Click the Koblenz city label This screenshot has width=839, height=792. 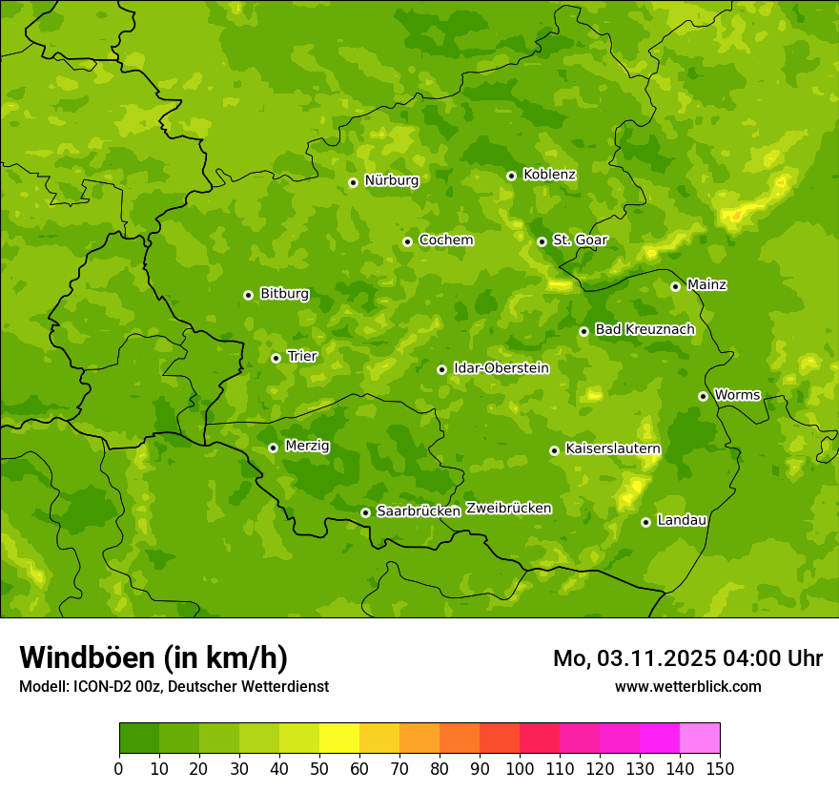[549, 175]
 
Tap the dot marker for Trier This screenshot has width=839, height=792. [276, 358]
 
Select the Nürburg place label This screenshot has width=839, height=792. [391, 180]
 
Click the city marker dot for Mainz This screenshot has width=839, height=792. [675, 286]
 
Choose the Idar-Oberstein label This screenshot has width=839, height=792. [501, 368]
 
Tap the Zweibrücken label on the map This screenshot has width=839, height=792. [508, 509]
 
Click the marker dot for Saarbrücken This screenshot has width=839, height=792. [365, 512]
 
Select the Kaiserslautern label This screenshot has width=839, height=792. [613, 448]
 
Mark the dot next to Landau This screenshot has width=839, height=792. [645, 522]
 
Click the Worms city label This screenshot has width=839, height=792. [736, 395]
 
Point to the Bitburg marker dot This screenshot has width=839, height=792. [248, 295]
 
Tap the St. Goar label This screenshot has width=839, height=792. [580, 240]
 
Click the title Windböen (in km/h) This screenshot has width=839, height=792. [153, 657]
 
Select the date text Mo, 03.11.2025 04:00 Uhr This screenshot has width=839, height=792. [687, 658]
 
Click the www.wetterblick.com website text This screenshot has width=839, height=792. [687, 686]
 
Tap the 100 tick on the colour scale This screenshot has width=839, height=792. [520, 768]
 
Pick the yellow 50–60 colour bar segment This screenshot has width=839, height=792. [339, 738]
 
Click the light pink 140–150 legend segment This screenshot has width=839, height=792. [700, 738]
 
